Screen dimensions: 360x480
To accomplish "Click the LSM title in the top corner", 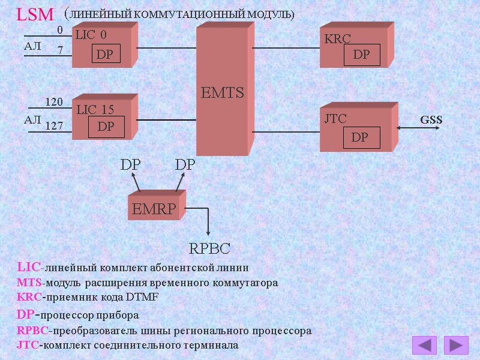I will point(35,14).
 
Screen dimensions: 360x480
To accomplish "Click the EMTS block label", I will point(222,93).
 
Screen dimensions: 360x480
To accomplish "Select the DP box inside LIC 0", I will point(104,55).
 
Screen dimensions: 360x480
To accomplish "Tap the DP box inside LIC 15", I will point(106,127).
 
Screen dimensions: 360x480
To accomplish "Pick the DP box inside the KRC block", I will point(361,55).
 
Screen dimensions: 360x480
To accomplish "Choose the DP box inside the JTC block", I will point(360,137).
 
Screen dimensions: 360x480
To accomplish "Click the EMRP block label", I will point(154,209).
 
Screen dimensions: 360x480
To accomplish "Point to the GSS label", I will point(431,119).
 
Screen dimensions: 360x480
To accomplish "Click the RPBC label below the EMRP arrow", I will point(209,248).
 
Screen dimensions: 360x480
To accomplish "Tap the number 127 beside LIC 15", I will point(54,126).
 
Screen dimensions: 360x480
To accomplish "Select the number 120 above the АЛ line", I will point(54,103).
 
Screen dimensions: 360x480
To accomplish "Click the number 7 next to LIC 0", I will point(60,51).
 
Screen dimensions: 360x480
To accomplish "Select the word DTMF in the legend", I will point(142,297).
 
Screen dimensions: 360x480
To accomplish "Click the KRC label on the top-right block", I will point(337,40).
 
